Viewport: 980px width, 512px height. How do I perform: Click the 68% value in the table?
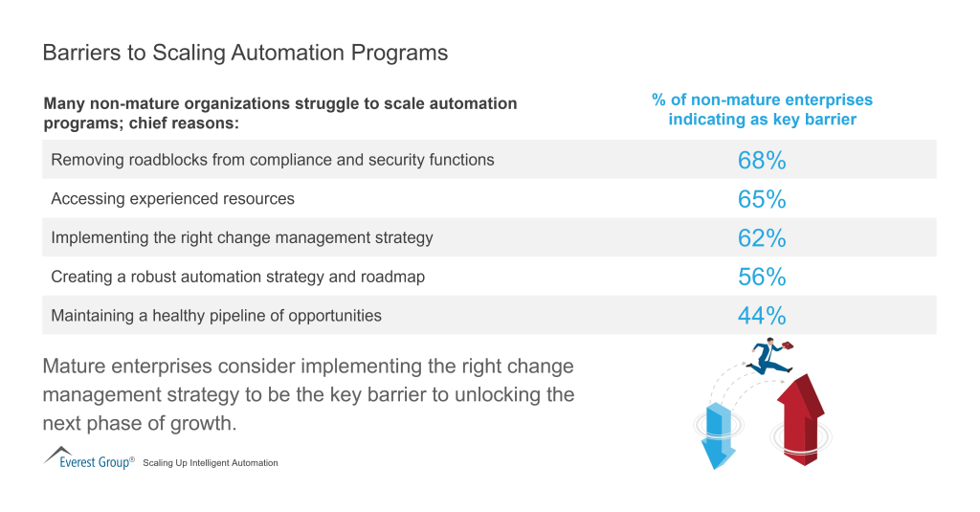coord(762,160)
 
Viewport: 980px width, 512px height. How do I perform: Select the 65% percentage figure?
coord(762,199)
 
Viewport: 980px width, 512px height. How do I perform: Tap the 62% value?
coord(762,237)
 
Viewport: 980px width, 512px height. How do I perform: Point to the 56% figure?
coord(762,277)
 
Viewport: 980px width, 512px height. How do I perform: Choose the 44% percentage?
coord(762,315)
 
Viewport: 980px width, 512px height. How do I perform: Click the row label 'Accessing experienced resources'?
coord(172,199)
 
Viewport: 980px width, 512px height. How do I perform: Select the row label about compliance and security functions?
coord(272,160)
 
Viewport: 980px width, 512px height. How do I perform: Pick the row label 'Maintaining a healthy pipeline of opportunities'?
coord(216,315)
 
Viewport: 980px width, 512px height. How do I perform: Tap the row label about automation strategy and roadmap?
coord(237,277)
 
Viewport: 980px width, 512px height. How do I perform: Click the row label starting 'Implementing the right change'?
coord(241,237)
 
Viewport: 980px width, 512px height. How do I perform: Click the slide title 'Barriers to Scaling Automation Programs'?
coord(245,53)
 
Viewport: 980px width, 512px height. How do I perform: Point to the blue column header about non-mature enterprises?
coord(762,109)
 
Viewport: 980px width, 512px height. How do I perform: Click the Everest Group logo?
coord(88,458)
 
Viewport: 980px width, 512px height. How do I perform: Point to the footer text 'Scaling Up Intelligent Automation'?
coord(211,463)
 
